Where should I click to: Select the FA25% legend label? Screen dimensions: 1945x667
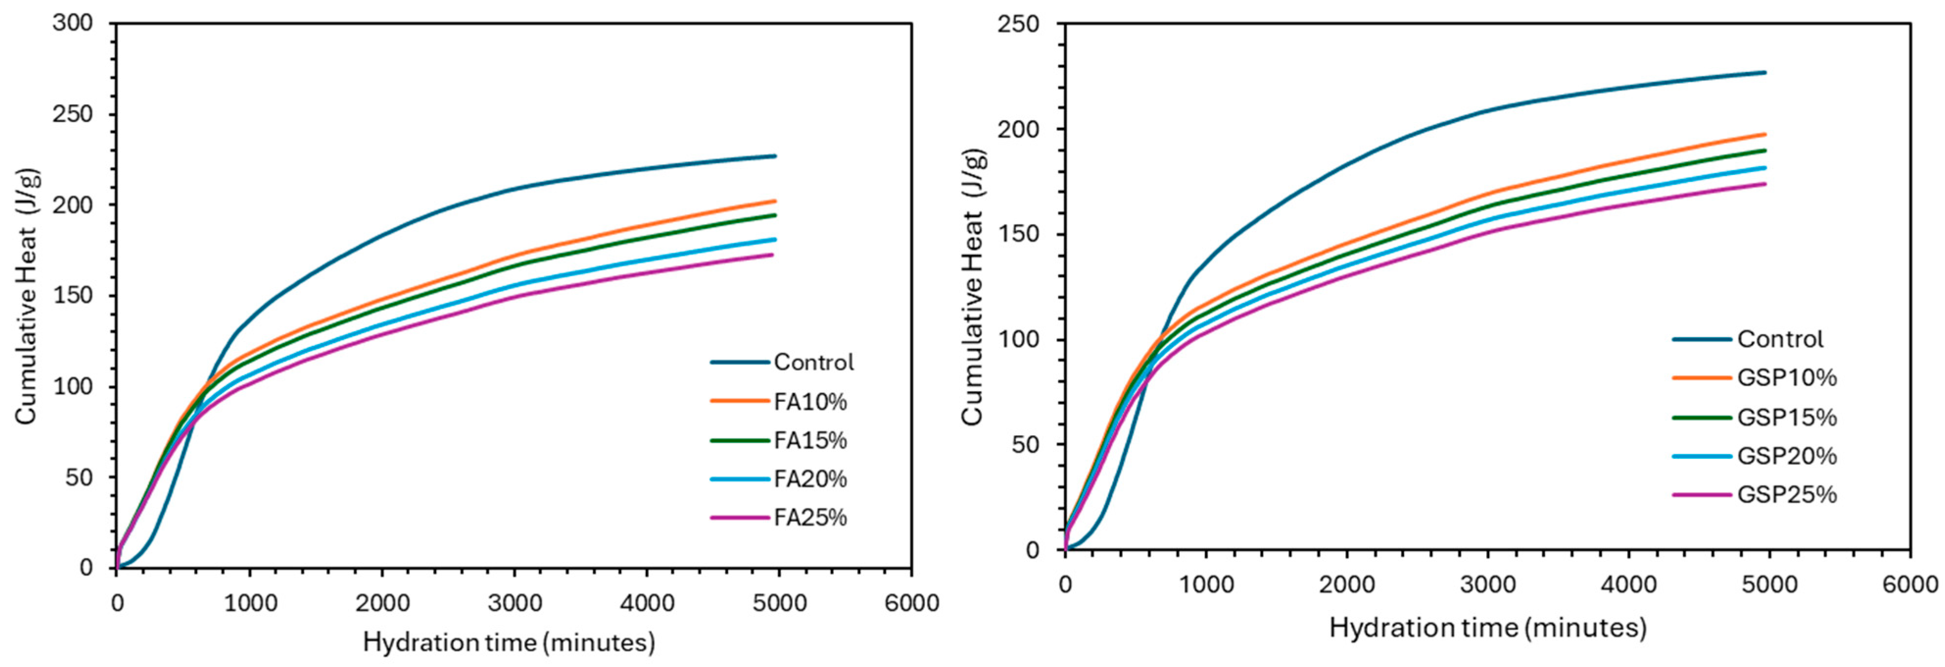(810, 518)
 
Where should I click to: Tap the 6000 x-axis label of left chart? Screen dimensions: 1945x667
(911, 604)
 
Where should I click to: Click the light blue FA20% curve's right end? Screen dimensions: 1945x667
(776, 240)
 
